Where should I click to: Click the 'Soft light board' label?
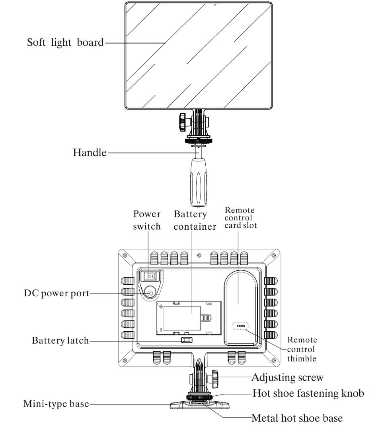(x=65, y=42)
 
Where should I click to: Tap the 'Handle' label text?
(x=90, y=152)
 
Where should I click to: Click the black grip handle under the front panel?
(x=198, y=181)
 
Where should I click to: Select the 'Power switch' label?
(x=147, y=220)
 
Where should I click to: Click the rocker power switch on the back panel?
(x=148, y=276)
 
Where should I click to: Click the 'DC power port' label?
(x=56, y=294)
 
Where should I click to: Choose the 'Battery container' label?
(x=195, y=220)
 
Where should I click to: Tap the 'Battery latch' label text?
(x=60, y=341)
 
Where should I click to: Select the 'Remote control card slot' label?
(x=240, y=218)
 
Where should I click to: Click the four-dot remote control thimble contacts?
(x=240, y=326)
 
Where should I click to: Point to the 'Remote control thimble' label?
(x=302, y=349)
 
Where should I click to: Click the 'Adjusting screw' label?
(x=287, y=377)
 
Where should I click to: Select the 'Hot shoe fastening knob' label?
(x=308, y=394)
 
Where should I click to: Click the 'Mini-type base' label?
(x=56, y=404)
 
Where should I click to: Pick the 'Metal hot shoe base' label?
(x=297, y=418)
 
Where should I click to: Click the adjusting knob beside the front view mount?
(x=183, y=121)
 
